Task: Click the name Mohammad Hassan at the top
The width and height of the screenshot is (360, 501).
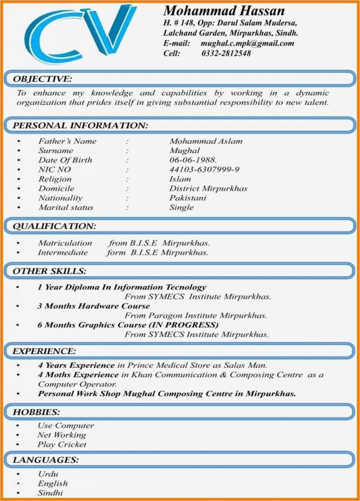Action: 224,11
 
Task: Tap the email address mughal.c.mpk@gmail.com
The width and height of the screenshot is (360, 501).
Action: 247,43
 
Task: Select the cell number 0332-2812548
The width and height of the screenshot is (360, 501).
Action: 226,53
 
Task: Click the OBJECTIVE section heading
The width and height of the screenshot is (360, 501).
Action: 42,79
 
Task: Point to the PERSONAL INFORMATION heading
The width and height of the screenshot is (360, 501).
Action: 80,126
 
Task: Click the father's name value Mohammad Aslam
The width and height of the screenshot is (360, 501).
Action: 205,141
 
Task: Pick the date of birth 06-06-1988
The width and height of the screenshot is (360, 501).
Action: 193,160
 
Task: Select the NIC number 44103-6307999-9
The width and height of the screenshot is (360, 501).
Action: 204,170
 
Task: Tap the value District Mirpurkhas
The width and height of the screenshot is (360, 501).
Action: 208,188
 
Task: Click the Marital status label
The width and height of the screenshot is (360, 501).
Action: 66,207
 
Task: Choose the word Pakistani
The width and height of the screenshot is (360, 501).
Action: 188,198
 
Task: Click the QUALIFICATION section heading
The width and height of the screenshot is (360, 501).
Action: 54,226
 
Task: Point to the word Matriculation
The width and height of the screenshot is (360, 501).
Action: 65,243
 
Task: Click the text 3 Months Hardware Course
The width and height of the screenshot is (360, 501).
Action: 93,306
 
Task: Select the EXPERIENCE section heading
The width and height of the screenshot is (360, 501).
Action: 45,351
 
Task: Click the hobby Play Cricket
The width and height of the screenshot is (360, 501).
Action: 62,445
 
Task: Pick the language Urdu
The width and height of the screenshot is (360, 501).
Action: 48,474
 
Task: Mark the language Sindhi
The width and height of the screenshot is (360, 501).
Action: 50,493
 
